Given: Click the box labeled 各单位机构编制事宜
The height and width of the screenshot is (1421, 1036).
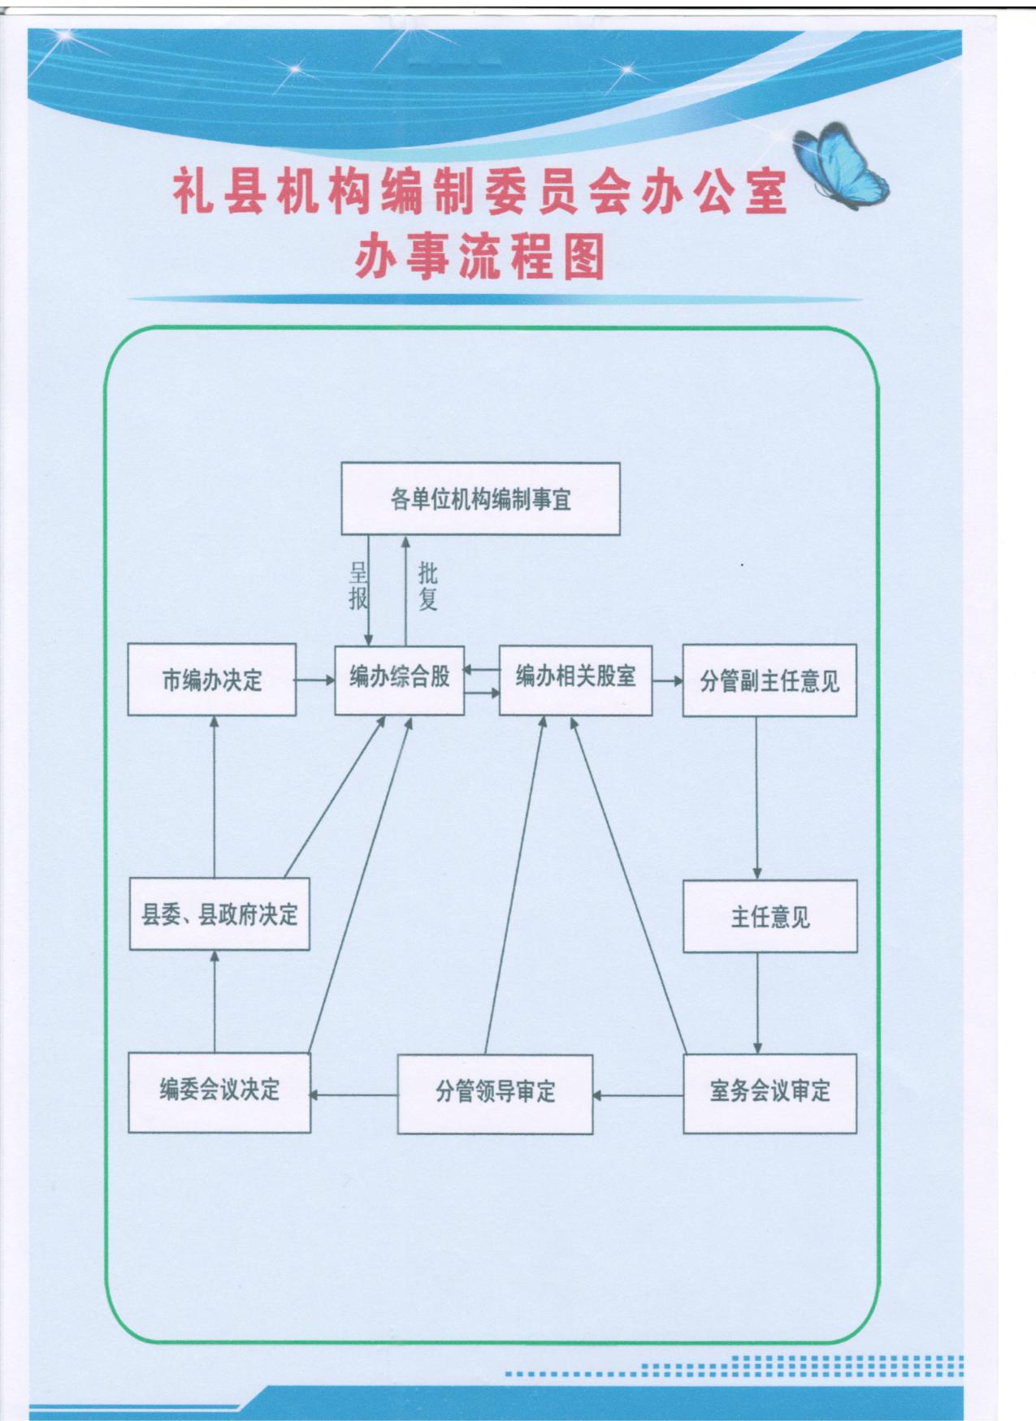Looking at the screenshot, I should tap(480, 499).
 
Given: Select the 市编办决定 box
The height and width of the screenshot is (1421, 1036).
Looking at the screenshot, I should tap(211, 680).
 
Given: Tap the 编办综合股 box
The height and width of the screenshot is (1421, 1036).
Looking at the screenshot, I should tap(399, 679).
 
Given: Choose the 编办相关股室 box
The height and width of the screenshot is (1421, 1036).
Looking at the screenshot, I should tap(575, 679).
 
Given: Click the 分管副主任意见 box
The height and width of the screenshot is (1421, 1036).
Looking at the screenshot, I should tap(769, 680).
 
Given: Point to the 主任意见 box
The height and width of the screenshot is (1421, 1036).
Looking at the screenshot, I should tap(769, 916).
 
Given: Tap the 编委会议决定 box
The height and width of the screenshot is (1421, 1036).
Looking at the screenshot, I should tap(219, 1092).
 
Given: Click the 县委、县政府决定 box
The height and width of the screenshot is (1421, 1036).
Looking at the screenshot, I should tap(219, 914).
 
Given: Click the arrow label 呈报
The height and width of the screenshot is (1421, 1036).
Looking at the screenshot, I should tap(358, 586).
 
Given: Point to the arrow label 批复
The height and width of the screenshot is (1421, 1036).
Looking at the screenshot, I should tap(427, 586).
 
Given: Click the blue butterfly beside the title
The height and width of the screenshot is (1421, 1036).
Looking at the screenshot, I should tap(842, 166).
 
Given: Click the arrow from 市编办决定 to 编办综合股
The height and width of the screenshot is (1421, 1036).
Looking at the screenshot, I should tap(315, 680).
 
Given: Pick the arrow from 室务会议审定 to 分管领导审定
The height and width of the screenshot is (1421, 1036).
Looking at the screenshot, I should tap(638, 1095).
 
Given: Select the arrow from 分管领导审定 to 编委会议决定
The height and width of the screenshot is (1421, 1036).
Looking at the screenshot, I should tap(353, 1095).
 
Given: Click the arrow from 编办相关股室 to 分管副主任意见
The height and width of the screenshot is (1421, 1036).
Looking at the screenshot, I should tap(667, 680).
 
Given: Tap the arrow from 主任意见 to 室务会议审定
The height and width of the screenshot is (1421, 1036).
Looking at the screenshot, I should tap(757, 1003).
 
